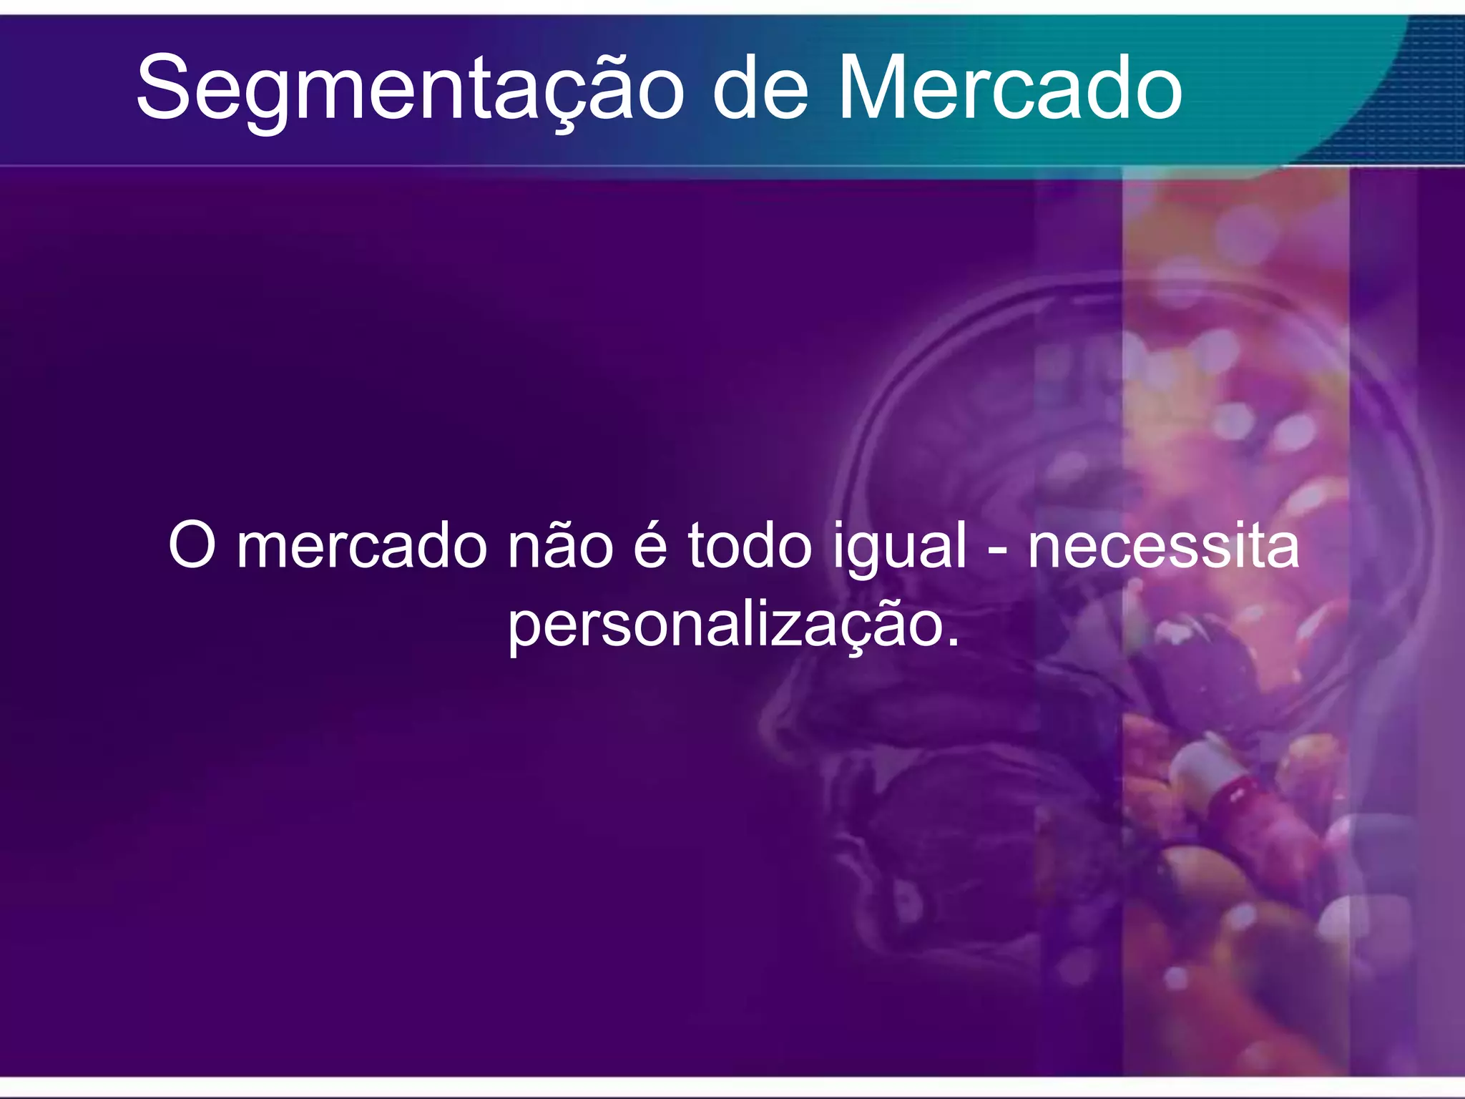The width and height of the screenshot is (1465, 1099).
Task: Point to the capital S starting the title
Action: [x=163, y=87]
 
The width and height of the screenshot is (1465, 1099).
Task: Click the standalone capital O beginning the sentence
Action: [x=192, y=545]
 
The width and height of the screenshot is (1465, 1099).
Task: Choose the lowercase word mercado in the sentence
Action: [x=362, y=547]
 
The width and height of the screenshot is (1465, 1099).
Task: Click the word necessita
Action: [x=1163, y=547]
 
